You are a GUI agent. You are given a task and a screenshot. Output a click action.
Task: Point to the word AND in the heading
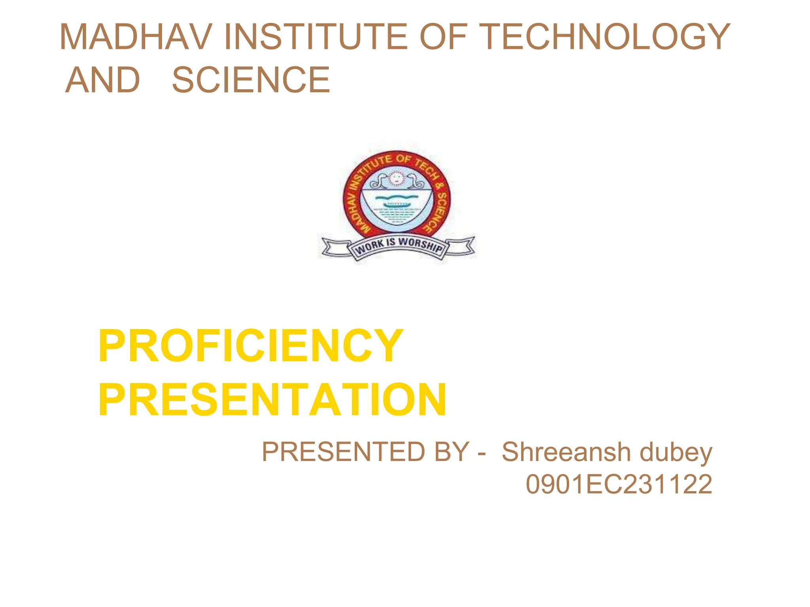click(102, 80)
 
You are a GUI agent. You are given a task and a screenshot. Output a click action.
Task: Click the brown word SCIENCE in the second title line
click(251, 80)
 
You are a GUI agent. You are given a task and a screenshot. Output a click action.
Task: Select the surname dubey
click(676, 452)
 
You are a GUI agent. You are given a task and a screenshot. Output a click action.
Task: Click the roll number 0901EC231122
click(619, 484)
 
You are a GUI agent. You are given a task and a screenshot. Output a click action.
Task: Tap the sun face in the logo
click(396, 179)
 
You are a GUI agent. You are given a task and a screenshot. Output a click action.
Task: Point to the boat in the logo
click(397, 204)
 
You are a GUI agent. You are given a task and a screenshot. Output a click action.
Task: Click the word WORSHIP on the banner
click(420, 245)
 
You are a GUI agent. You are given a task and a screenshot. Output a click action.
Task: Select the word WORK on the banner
click(369, 247)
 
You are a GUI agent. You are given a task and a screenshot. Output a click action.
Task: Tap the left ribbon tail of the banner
click(335, 248)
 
